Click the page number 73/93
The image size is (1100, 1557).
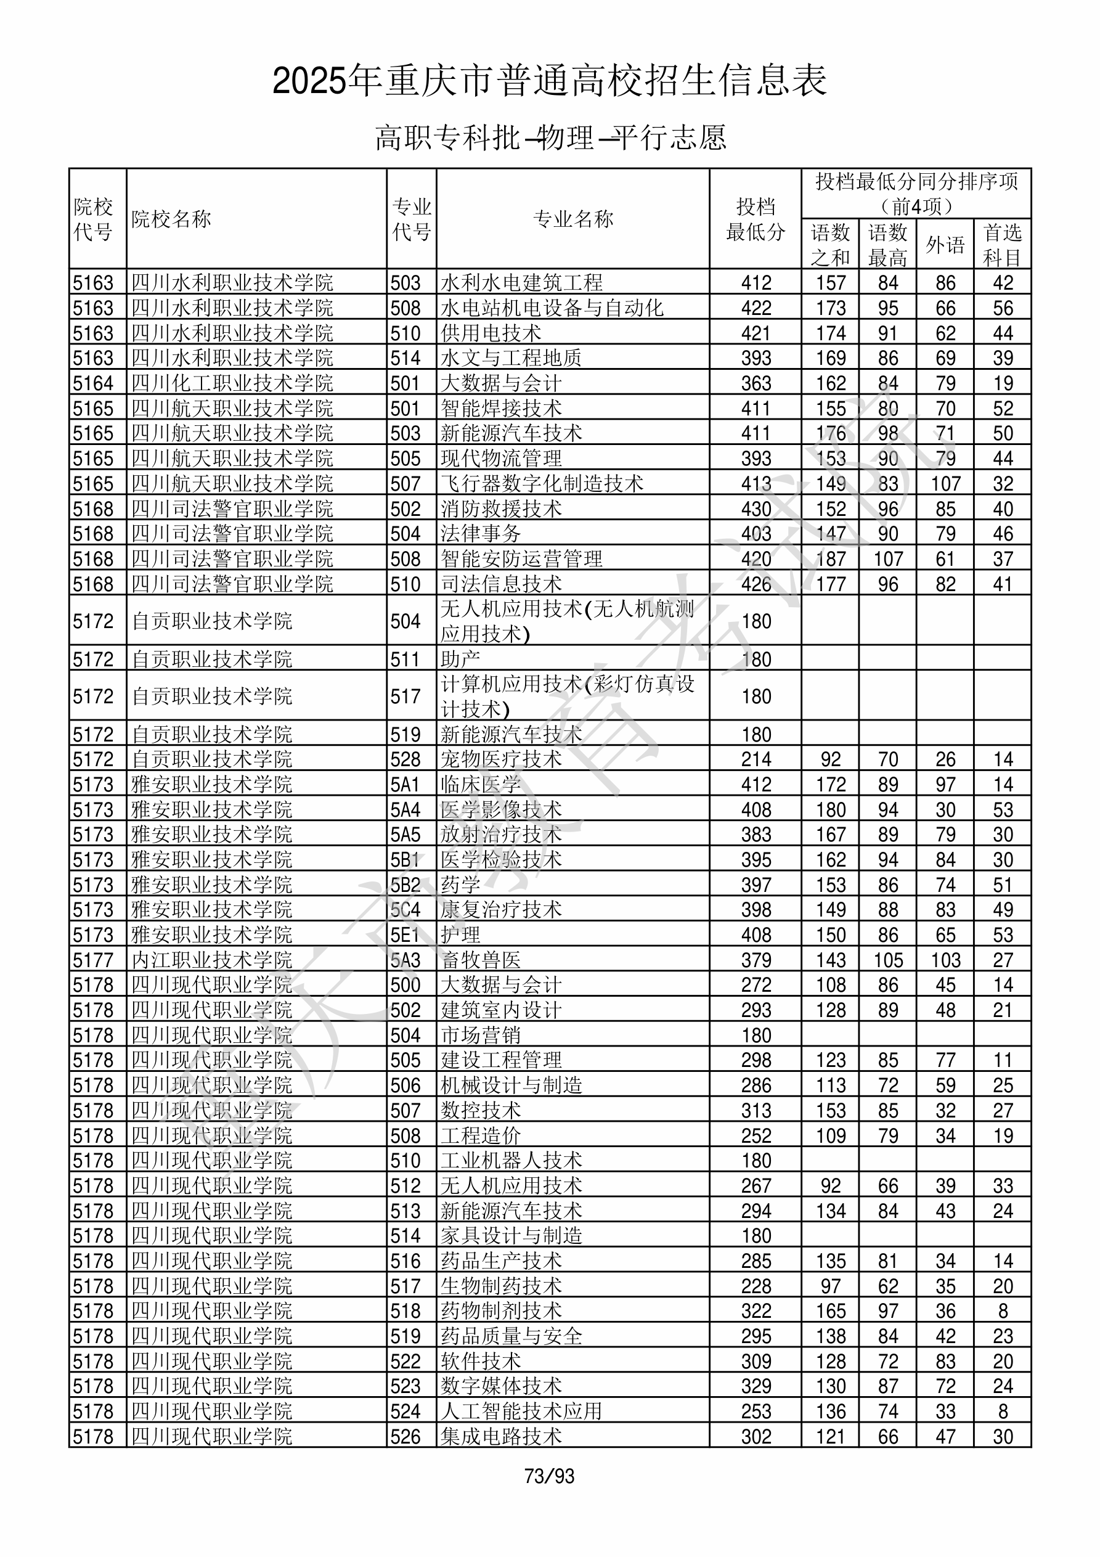[x=548, y=1476]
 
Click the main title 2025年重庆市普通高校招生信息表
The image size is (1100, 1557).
[x=549, y=81]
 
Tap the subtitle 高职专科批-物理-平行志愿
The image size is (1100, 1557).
[x=550, y=137]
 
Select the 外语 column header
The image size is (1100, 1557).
[x=945, y=245]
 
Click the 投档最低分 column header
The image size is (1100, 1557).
[x=755, y=219]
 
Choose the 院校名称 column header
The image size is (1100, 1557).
[x=171, y=219]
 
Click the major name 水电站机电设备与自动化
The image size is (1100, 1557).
[x=552, y=308]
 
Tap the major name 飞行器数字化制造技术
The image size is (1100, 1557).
[x=542, y=483]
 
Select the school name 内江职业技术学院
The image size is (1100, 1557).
[x=211, y=960]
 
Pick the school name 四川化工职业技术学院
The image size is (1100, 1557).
[x=232, y=383]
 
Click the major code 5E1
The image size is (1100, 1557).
[x=405, y=934]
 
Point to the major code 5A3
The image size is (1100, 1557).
[x=405, y=960]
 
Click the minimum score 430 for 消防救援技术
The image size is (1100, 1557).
[x=756, y=509]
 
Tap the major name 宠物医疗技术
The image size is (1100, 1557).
[x=501, y=759]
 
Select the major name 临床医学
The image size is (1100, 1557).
[x=481, y=784]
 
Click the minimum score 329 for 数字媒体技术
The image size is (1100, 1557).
[x=756, y=1386]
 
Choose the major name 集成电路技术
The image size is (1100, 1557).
[x=501, y=1436]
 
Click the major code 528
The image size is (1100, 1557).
[x=405, y=759]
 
